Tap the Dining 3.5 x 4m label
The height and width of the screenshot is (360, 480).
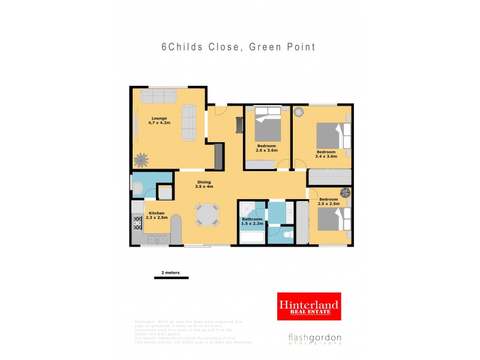click(x=204, y=185)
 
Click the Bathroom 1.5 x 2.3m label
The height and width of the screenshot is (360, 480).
click(x=253, y=221)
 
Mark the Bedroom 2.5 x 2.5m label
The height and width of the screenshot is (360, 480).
click(x=329, y=202)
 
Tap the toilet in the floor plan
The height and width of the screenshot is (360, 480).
click(x=287, y=235)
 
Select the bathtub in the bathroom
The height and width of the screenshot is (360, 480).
click(x=252, y=238)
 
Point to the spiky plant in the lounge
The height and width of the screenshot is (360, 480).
click(x=142, y=160)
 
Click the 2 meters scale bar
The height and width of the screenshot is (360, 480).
click(x=171, y=278)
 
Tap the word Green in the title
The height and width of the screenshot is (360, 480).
click(x=265, y=47)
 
